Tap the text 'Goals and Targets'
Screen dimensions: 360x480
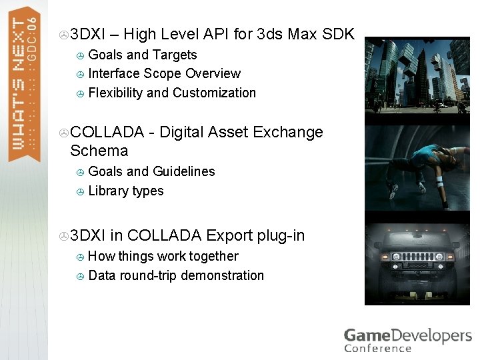142,55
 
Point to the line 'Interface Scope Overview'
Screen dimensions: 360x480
164,73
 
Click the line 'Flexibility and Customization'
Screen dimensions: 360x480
172,93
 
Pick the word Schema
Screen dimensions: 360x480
99,151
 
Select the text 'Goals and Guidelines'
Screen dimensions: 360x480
151,171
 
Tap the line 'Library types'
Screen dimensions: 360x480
125,191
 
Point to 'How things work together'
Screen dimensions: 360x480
163,256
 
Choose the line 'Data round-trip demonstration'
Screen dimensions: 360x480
176,275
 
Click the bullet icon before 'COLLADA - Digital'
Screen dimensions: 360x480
63,133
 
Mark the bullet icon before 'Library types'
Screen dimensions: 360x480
80,191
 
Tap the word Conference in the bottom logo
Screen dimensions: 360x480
377,347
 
